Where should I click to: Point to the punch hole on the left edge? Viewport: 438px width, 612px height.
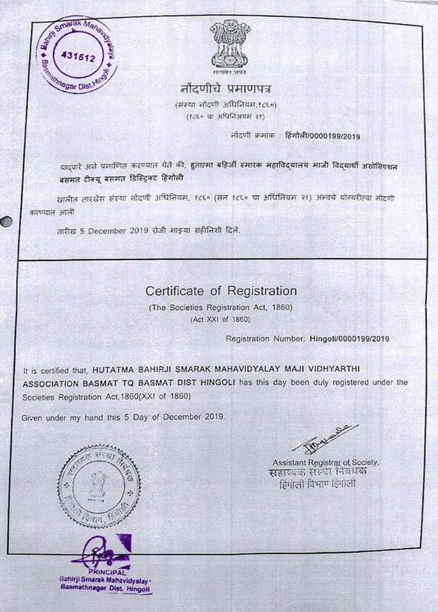click(6, 222)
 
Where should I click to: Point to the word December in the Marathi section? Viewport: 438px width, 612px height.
click(112, 231)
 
